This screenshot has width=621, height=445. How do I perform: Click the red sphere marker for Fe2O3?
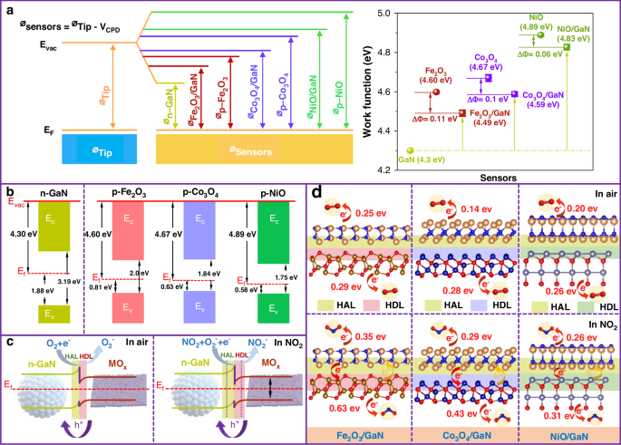[437, 92]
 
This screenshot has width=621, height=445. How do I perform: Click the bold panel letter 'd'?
[315, 192]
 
